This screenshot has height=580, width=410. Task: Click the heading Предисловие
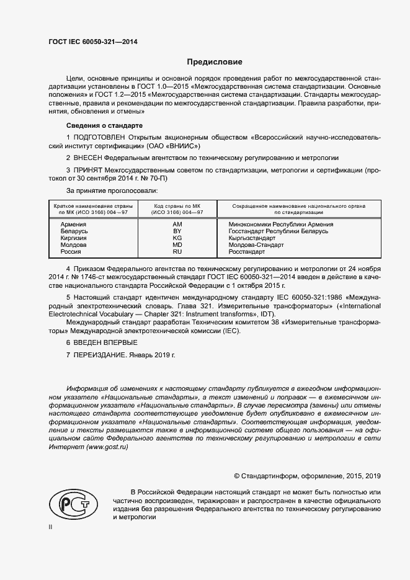click(215, 62)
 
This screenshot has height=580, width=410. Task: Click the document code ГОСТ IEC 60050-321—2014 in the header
click(93, 42)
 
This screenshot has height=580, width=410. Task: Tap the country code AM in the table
click(177, 224)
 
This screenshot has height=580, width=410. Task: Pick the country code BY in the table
click(177, 231)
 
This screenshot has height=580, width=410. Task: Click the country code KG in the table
click(177, 238)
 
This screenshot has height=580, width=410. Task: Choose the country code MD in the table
click(177, 245)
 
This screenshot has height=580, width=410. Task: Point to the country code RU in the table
click(177, 252)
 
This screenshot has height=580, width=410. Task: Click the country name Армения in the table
click(73, 224)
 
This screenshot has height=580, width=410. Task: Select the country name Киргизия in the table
click(74, 238)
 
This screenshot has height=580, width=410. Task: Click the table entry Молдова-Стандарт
click(256, 245)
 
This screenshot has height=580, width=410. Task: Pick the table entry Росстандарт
click(247, 252)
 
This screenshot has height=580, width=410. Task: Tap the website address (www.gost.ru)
click(103, 447)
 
